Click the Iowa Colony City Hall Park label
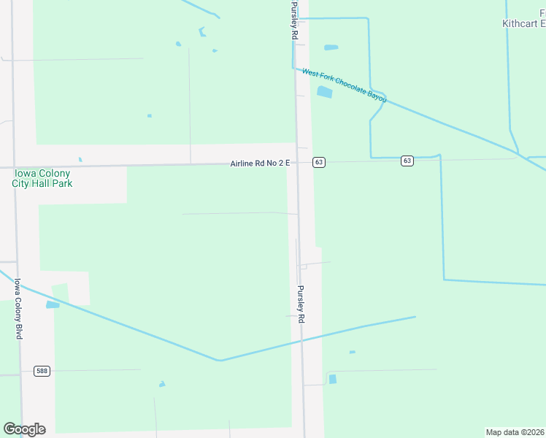(x=42, y=178)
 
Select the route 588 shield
(x=42, y=372)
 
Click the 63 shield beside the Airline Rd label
(x=319, y=162)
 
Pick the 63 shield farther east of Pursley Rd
(x=407, y=161)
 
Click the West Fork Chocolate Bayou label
(x=345, y=85)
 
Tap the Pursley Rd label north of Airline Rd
(x=295, y=20)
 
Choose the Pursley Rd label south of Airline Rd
(x=300, y=304)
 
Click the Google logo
(x=24, y=429)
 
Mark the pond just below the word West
(x=324, y=92)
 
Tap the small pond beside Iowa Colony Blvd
(x=53, y=304)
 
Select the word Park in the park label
(x=62, y=183)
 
